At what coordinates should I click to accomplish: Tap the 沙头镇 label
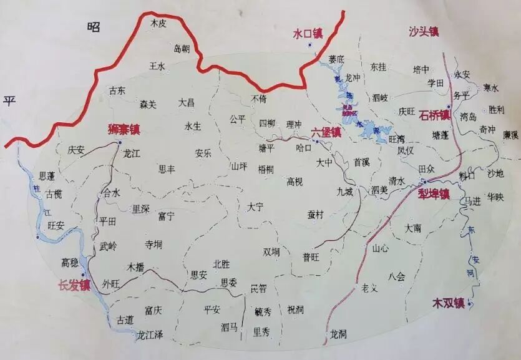(424, 32)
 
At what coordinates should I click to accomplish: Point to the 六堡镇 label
(326, 132)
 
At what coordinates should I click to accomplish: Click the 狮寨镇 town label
(123, 131)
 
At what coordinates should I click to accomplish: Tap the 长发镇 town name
(74, 286)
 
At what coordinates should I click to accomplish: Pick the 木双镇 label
(449, 304)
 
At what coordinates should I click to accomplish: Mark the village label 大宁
(256, 207)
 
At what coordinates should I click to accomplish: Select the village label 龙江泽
(150, 336)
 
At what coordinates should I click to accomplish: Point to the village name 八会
(396, 276)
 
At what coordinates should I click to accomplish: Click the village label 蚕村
(316, 214)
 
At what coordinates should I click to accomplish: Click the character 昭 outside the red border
(94, 26)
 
